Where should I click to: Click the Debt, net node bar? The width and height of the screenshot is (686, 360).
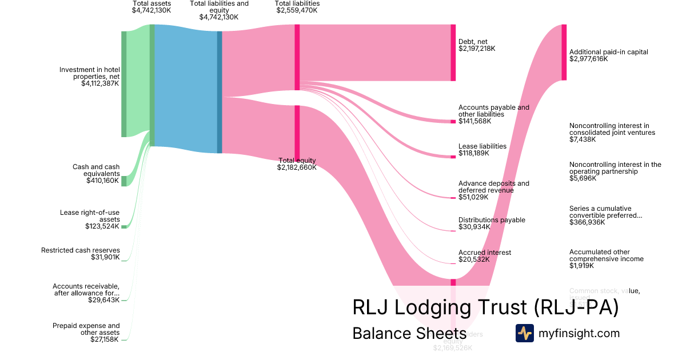[x=453, y=53]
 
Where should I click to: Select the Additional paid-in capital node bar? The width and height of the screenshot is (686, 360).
[x=564, y=53]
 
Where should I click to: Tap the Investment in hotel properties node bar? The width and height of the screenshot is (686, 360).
[x=123, y=84]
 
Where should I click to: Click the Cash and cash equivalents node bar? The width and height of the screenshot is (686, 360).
[x=123, y=181]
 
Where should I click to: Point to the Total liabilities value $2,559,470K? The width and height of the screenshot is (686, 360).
[x=297, y=10]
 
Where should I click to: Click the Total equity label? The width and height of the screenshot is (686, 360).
[x=297, y=161]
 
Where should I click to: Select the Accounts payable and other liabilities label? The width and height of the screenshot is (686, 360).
[x=493, y=111]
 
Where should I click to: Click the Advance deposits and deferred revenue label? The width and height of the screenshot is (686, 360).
[x=493, y=187]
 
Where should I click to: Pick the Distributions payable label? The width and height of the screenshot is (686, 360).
[x=492, y=220]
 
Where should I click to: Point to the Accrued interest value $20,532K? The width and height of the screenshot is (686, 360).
[x=473, y=259]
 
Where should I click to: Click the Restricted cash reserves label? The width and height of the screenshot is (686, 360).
[x=81, y=250]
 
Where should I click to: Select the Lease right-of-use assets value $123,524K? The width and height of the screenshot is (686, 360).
[x=102, y=226]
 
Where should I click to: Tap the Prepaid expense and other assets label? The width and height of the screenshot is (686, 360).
[x=86, y=329]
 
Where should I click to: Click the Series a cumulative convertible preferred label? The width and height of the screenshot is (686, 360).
[x=605, y=212]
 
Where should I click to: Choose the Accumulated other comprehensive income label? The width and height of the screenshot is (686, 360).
[x=606, y=255]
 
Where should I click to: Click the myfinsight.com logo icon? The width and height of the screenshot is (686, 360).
[x=524, y=333]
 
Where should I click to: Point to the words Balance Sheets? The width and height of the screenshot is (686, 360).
[x=409, y=333]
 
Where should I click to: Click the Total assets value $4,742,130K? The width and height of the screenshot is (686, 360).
[x=151, y=10]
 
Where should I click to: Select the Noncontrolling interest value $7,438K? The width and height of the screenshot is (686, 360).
[x=583, y=139]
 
